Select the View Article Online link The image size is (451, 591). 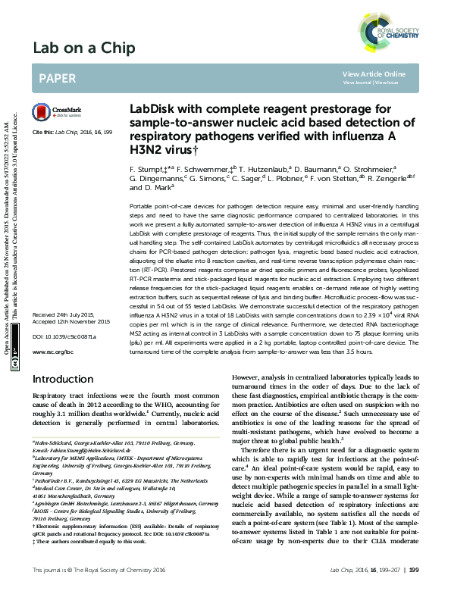point(374,73)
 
